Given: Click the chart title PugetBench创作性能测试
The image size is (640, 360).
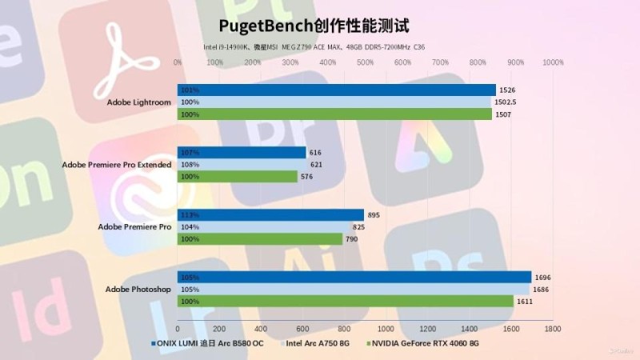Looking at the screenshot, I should pos(319,27).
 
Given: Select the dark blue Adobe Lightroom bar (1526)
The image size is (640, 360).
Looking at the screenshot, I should pos(336,90).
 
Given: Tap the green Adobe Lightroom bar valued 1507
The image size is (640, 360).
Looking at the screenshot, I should pos(334,114).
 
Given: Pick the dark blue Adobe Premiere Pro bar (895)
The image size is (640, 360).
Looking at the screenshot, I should pos(270,214).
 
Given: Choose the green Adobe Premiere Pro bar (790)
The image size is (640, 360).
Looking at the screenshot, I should pos(259,238).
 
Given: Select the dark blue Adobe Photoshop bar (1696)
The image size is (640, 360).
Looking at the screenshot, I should pos(354,277).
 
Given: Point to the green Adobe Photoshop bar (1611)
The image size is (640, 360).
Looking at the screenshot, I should pos(345,301).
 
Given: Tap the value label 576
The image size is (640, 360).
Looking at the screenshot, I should pos(306,177).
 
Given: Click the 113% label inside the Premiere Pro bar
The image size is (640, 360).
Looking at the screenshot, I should pos(190,214).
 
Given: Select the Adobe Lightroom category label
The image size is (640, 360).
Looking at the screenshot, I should pos(139,102).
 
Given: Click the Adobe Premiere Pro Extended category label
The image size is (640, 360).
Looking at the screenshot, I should pos(117,164).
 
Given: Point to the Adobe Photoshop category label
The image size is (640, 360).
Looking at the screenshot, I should pos(138,289).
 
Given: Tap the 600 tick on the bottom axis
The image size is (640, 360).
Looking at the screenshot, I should pos(302,329).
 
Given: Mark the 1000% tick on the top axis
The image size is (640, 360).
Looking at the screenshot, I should pos(553,62).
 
